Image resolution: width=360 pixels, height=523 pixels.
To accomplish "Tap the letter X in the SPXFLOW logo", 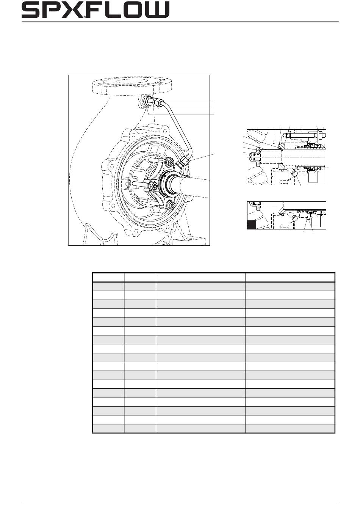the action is (74, 10).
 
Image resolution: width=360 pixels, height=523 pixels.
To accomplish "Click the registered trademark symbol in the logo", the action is (85, 17).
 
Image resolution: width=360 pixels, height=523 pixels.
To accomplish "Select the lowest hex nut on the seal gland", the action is (172, 205).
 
